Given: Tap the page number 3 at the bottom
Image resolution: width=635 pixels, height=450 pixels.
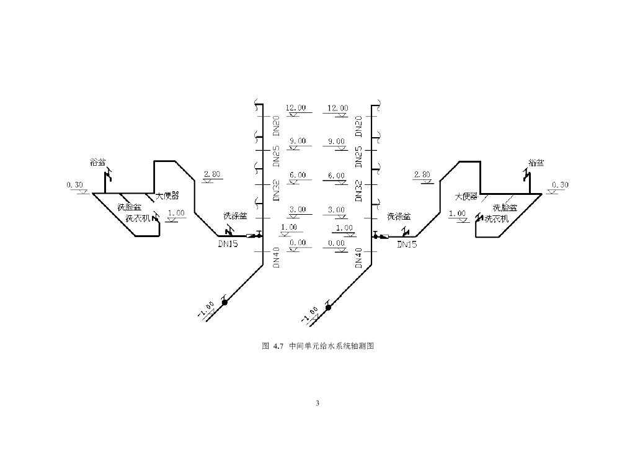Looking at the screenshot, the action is pos(317,403).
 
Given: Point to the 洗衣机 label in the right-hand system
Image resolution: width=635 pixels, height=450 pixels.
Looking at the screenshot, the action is pos(496,219).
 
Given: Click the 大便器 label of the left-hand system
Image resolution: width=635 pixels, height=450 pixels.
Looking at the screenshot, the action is pos(166,196).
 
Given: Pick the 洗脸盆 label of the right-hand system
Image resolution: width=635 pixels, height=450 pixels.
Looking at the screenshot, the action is pos(505,207).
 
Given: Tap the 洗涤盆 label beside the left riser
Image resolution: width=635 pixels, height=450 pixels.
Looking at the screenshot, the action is pos(235,216).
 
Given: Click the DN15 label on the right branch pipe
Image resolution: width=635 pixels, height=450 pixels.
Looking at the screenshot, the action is pos(407,245).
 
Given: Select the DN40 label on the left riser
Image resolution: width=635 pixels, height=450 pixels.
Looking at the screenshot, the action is pos(276,257).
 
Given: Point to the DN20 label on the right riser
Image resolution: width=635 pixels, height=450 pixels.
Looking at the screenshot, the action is pos(358,126).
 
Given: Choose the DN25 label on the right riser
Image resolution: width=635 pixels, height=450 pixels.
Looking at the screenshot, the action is pos(358,157).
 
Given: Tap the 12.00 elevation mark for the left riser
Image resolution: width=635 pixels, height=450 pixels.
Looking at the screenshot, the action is pos(296,108).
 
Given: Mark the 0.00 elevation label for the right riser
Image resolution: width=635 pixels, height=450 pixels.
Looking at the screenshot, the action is pos(337,243).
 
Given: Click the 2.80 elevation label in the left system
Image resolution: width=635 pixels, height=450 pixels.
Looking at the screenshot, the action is pos(212,174).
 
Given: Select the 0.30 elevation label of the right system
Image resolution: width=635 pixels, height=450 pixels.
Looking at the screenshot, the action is pos(560,185).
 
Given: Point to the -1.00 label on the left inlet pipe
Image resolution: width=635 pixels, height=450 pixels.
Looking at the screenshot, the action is pos(206,310).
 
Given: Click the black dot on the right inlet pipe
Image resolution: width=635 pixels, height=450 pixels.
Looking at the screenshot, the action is pos(328,307).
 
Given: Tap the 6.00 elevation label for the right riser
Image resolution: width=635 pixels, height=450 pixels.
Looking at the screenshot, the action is pos(337,176).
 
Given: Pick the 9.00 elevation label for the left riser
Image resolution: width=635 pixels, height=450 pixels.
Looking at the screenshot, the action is pos(298,141).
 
